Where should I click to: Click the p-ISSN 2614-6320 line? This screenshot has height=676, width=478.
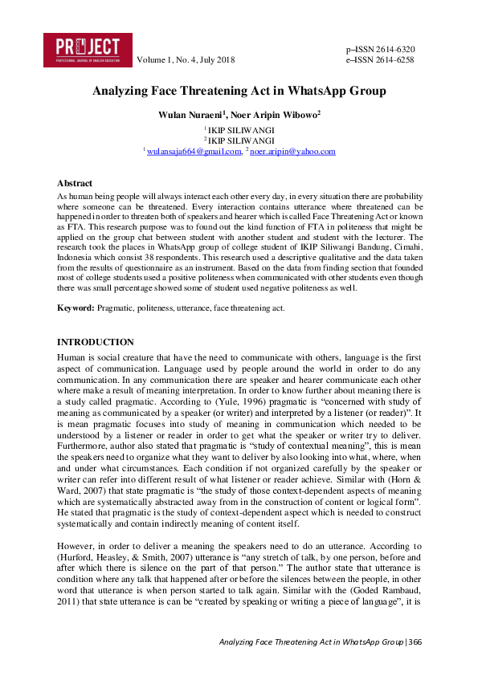pyautogui.click(x=379, y=49)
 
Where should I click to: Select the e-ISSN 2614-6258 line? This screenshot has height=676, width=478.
pyautogui.click(x=379, y=60)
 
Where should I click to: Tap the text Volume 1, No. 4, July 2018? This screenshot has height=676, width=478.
pyautogui.click(x=186, y=60)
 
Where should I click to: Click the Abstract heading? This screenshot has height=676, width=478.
pyautogui.click(x=75, y=184)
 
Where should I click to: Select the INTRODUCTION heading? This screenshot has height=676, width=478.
pyautogui.click(x=96, y=342)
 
